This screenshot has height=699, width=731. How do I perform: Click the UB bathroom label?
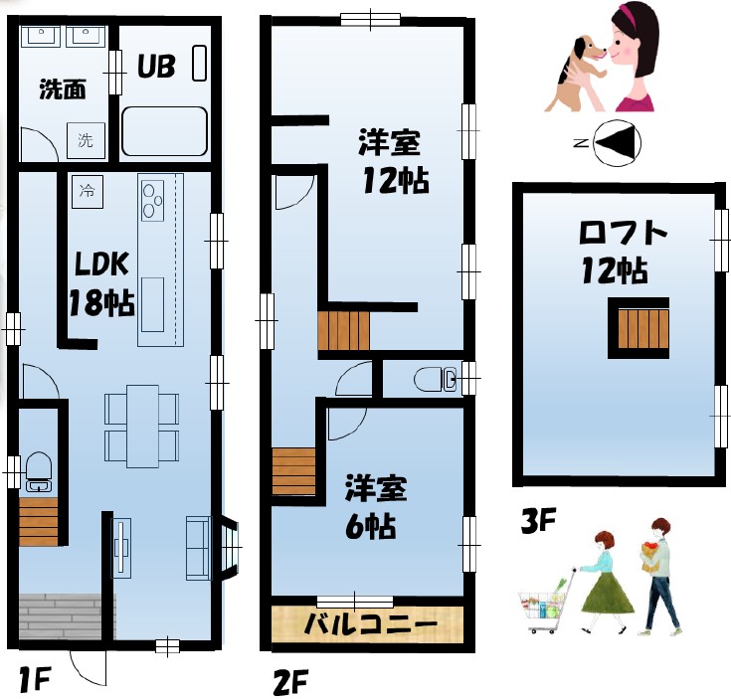[156, 67]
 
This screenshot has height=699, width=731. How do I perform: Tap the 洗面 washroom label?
[62, 89]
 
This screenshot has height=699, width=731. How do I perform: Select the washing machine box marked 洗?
[85, 141]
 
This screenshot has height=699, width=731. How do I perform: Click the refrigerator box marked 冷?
[87, 190]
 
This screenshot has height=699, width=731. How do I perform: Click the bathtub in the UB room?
[164, 131]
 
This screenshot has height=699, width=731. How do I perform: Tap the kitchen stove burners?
[152, 199]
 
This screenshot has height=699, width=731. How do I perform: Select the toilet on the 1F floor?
[38, 471]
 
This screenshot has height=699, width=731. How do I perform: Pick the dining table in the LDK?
[142, 425]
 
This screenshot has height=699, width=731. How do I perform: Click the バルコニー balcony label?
[370, 625]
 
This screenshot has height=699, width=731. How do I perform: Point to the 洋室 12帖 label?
[394, 162]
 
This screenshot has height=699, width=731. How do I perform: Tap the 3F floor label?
[538, 520]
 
